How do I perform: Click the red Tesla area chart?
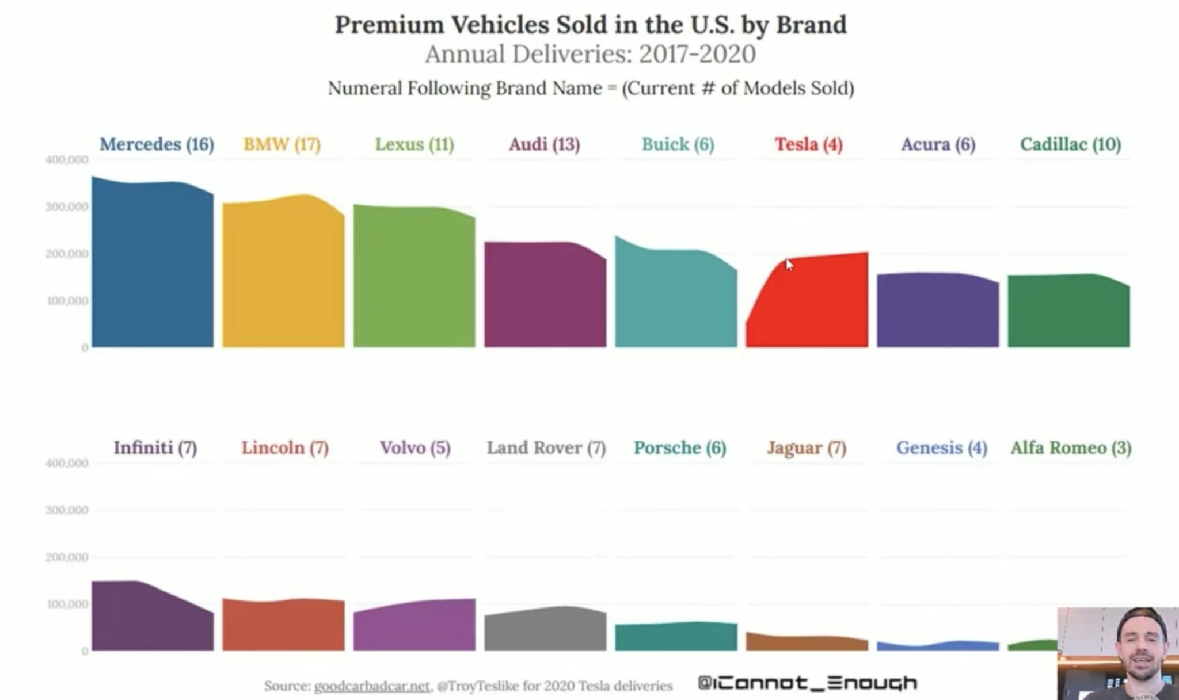pyautogui.click(x=812, y=305)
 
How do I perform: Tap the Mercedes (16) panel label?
pyautogui.click(x=157, y=144)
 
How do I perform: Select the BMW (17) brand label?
pyautogui.click(x=282, y=144)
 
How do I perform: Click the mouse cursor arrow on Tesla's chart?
pyautogui.click(x=789, y=264)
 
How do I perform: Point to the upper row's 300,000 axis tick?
pyautogui.click(x=67, y=207)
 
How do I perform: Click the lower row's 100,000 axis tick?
pyautogui.click(x=67, y=605)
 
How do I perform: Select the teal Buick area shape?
pyautogui.click(x=675, y=299)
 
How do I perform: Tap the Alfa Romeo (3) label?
pyautogui.click(x=1071, y=447)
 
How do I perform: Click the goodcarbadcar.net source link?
pyautogui.click(x=372, y=686)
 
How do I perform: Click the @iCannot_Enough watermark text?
pyautogui.click(x=807, y=683)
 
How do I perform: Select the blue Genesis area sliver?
pyautogui.click(x=938, y=647)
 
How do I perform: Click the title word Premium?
pyautogui.click(x=389, y=25)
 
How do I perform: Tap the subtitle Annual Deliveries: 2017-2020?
pyautogui.click(x=590, y=55)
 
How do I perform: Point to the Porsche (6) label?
pyautogui.click(x=679, y=447)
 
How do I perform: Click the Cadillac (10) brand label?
pyautogui.click(x=1070, y=144)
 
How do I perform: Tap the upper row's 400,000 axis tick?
pyautogui.click(x=67, y=160)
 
